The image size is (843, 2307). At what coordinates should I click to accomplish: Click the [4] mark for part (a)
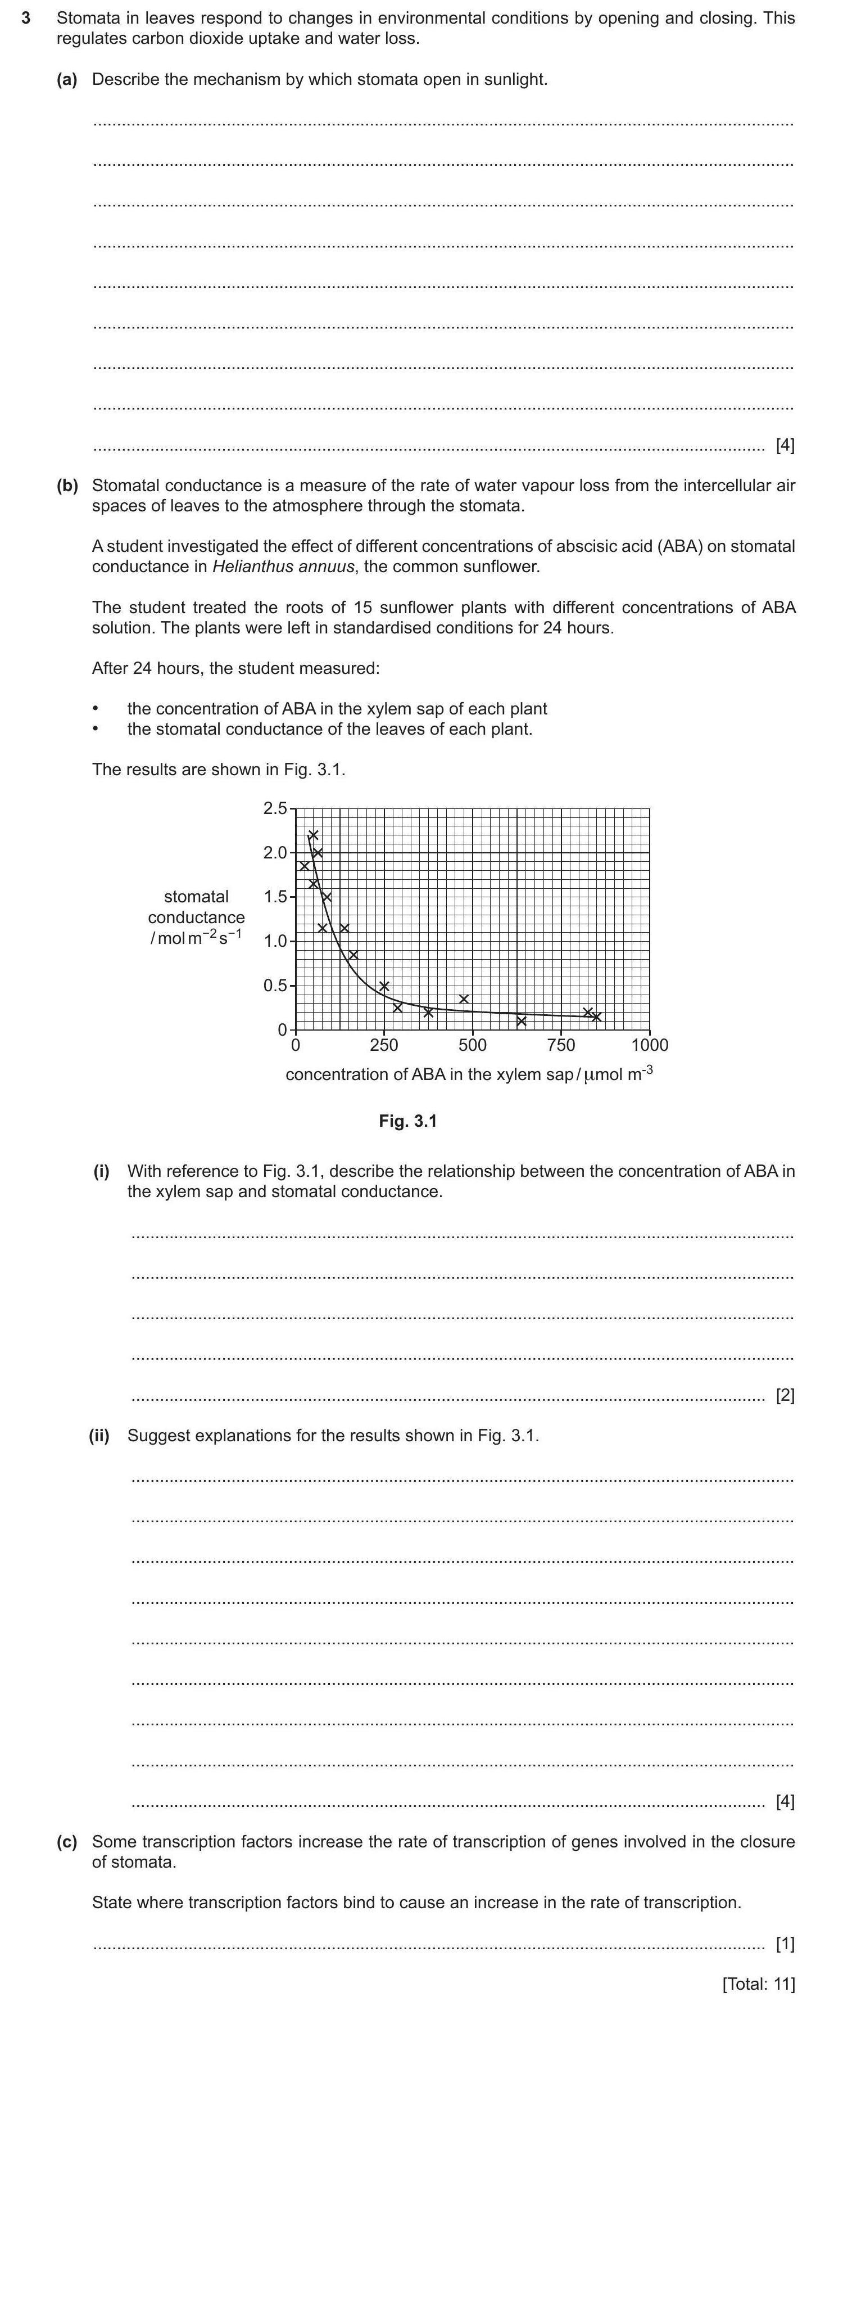pos(784,445)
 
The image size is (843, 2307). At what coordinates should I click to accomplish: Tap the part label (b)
pos(67,485)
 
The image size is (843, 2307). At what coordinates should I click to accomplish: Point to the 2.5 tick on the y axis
pos(275,809)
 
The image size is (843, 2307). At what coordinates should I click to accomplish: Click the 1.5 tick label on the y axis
pos(275,897)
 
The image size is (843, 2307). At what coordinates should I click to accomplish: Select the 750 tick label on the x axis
pos(561,1045)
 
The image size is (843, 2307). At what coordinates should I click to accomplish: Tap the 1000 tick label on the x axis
pos(650,1045)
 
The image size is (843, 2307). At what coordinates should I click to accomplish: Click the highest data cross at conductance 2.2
pos(313,835)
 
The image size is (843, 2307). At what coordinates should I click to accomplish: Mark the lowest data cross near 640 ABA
pos(522,1021)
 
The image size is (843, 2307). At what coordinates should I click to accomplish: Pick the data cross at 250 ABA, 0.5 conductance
pos(384,986)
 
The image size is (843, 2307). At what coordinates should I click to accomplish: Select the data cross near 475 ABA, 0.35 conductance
pos(464,999)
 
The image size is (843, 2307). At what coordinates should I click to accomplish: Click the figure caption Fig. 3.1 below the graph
pos(407,1121)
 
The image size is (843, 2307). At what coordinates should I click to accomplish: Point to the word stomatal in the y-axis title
pos(196,897)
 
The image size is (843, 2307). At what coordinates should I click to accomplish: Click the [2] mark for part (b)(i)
pos(784,1395)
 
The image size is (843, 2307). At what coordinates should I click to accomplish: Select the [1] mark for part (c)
pos(784,1944)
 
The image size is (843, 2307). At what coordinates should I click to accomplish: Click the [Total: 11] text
pos(758,1984)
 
